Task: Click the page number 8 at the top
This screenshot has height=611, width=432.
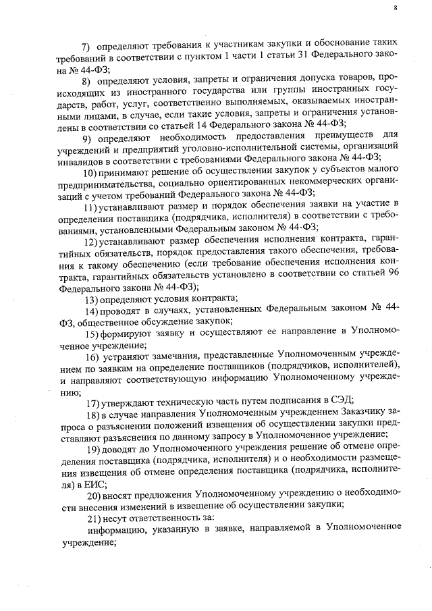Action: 396,7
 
